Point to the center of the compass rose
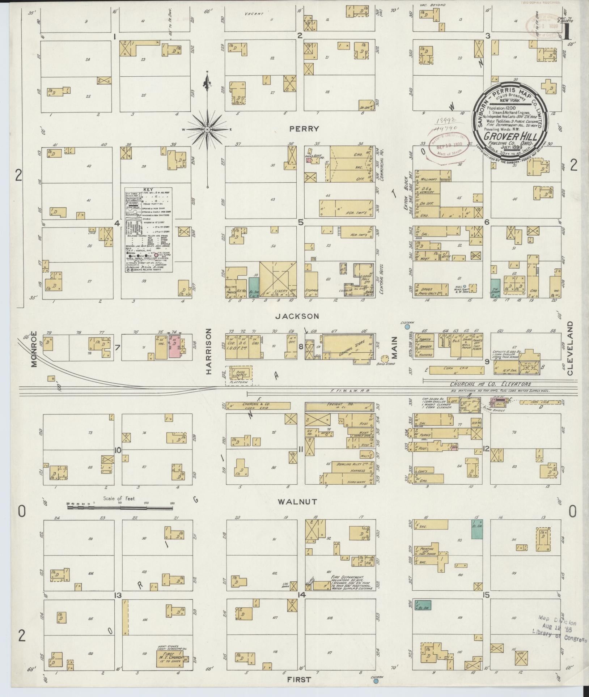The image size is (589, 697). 207,129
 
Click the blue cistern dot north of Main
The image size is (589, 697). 407,327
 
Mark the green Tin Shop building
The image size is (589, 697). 495,288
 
